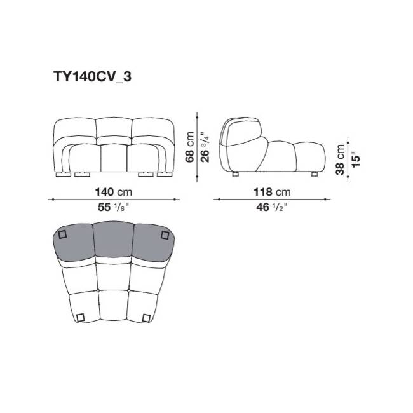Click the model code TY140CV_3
(x=93, y=77)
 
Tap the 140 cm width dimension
(x=114, y=192)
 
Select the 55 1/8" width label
(x=114, y=207)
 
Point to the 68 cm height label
(x=189, y=147)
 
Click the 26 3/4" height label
(x=205, y=147)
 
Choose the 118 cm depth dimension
(x=272, y=192)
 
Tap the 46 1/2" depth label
(x=272, y=207)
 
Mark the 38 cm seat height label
(x=340, y=159)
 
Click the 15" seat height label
(x=355, y=159)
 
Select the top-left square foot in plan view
(x=62, y=234)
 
